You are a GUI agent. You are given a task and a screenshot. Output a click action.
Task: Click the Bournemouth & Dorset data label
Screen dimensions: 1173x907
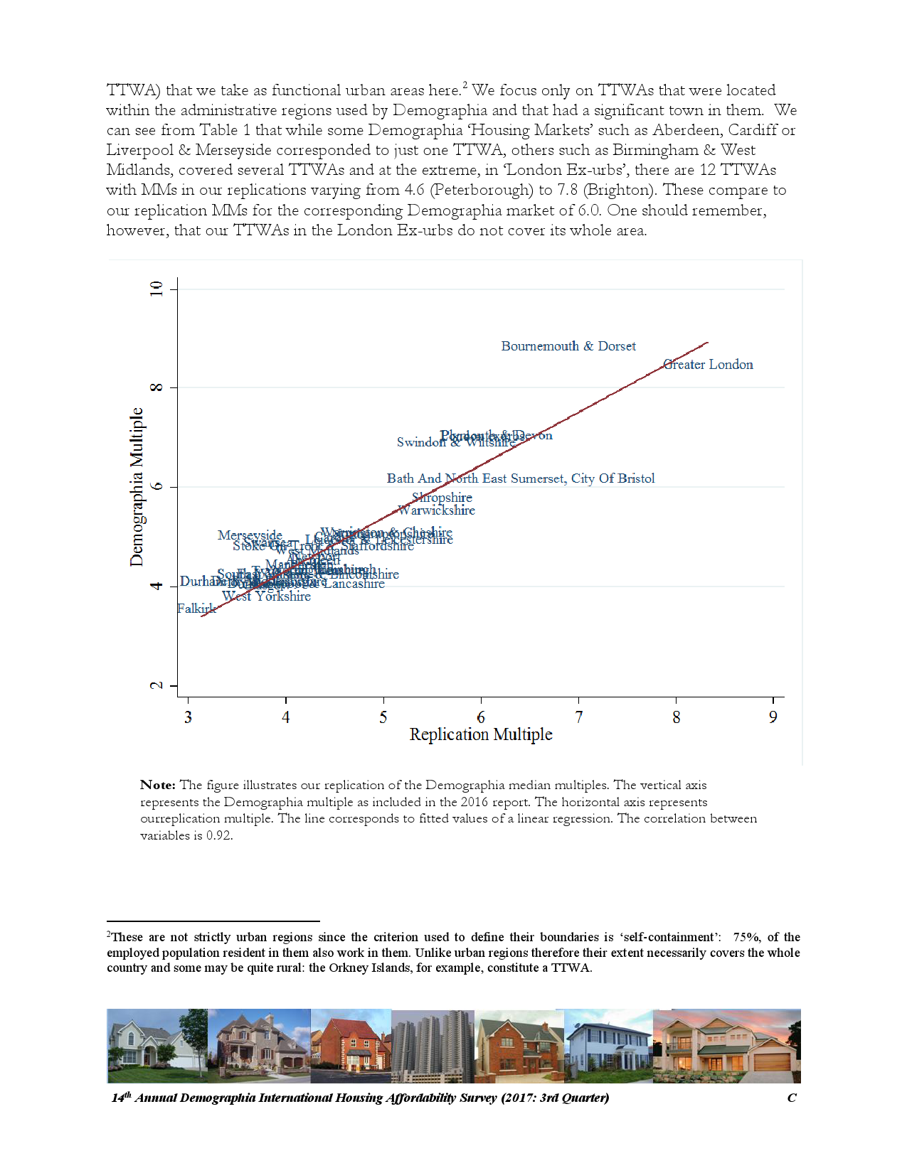click(568, 346)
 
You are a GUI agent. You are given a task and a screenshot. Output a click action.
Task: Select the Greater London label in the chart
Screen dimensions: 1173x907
click(708, 365)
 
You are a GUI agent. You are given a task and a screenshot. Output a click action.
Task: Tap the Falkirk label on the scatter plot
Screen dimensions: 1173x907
click(196, 609)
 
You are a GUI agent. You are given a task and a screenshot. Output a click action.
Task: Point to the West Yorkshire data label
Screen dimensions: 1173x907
click(267, 596)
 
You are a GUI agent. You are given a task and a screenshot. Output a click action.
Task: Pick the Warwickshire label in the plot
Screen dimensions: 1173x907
click(437, 510)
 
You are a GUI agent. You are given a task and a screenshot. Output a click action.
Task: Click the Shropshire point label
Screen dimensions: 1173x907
click(442, 498)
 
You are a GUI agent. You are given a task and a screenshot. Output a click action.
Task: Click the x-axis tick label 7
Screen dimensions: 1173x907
click(579, 717)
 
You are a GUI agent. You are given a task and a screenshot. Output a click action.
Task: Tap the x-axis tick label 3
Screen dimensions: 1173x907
click(188, 717)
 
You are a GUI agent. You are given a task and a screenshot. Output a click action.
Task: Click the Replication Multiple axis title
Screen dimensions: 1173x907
click(481, 734)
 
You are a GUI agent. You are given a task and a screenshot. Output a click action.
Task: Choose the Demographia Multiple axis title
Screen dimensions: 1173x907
click(137, 487)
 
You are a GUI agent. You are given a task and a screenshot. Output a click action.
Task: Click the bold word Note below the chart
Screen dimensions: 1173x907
click(157, 786)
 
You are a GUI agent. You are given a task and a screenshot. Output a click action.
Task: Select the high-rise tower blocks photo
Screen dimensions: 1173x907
click(432, 1046)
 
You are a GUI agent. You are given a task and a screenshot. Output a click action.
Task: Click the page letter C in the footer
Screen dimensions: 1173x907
click(792, 1098)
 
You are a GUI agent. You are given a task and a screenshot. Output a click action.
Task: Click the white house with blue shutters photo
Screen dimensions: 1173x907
click(608, 1046)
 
